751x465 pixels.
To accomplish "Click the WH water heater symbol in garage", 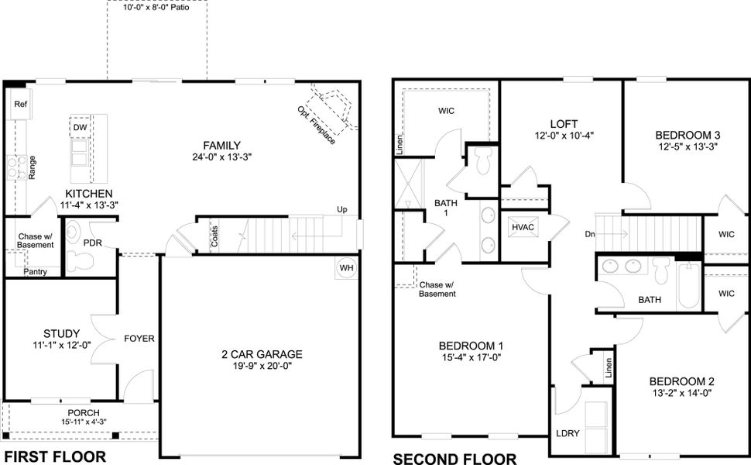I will [346, 268].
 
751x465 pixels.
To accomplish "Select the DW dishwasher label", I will [80, 127].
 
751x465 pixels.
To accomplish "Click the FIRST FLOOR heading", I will [55, 456].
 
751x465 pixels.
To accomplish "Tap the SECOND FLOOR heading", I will [454, 458].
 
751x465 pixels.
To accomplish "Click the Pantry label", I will [35, 271].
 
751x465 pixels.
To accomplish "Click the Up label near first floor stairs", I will [341, 210].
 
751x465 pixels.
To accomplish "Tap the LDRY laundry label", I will [568, 433].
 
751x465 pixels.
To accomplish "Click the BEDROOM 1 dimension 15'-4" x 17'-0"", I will [471, 358].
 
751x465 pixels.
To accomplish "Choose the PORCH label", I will [83, 412].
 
